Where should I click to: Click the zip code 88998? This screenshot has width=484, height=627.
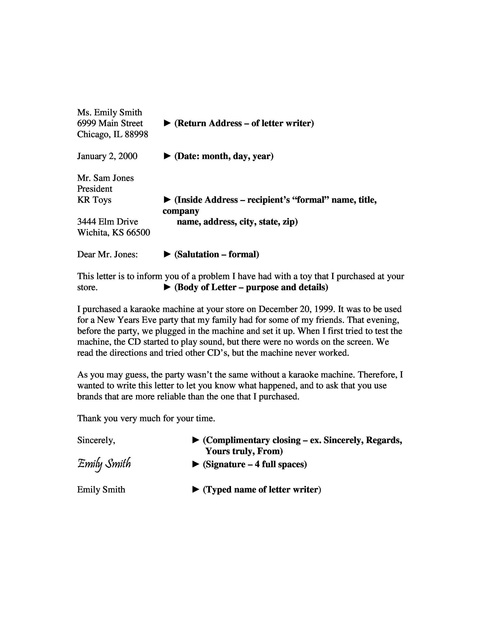(137, 134)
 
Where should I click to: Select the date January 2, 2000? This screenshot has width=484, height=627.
(107, 156)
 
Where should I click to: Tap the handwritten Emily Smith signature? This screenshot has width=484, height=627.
(104, 464)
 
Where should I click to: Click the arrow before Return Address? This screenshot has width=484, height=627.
(167, 123)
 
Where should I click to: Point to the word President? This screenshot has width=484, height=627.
(95, 189)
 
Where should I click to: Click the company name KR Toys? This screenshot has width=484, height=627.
(94, 200)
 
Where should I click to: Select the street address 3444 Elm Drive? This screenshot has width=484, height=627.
(107, 222)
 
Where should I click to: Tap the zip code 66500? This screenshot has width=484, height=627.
(138, 232)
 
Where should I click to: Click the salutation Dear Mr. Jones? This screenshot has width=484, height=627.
(107, 254)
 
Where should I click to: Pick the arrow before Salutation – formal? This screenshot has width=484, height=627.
(167, 254)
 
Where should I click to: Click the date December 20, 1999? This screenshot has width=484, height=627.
(296, 309)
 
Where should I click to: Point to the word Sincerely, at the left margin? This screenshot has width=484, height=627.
(96, 440)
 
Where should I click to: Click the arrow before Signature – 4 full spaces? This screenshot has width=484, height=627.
(196, 464)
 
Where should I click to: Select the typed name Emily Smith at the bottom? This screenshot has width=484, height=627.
(101, 490)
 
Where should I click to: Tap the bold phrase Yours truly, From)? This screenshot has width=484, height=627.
(244, 451)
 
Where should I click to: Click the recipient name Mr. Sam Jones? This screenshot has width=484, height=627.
(105, 178)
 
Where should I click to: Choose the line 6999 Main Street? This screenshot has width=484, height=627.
(110, 123)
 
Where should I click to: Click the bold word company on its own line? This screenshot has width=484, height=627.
(181, 211)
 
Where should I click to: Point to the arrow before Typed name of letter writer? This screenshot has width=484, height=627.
(196, 490)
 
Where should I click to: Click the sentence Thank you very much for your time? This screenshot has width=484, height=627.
(146, 419)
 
